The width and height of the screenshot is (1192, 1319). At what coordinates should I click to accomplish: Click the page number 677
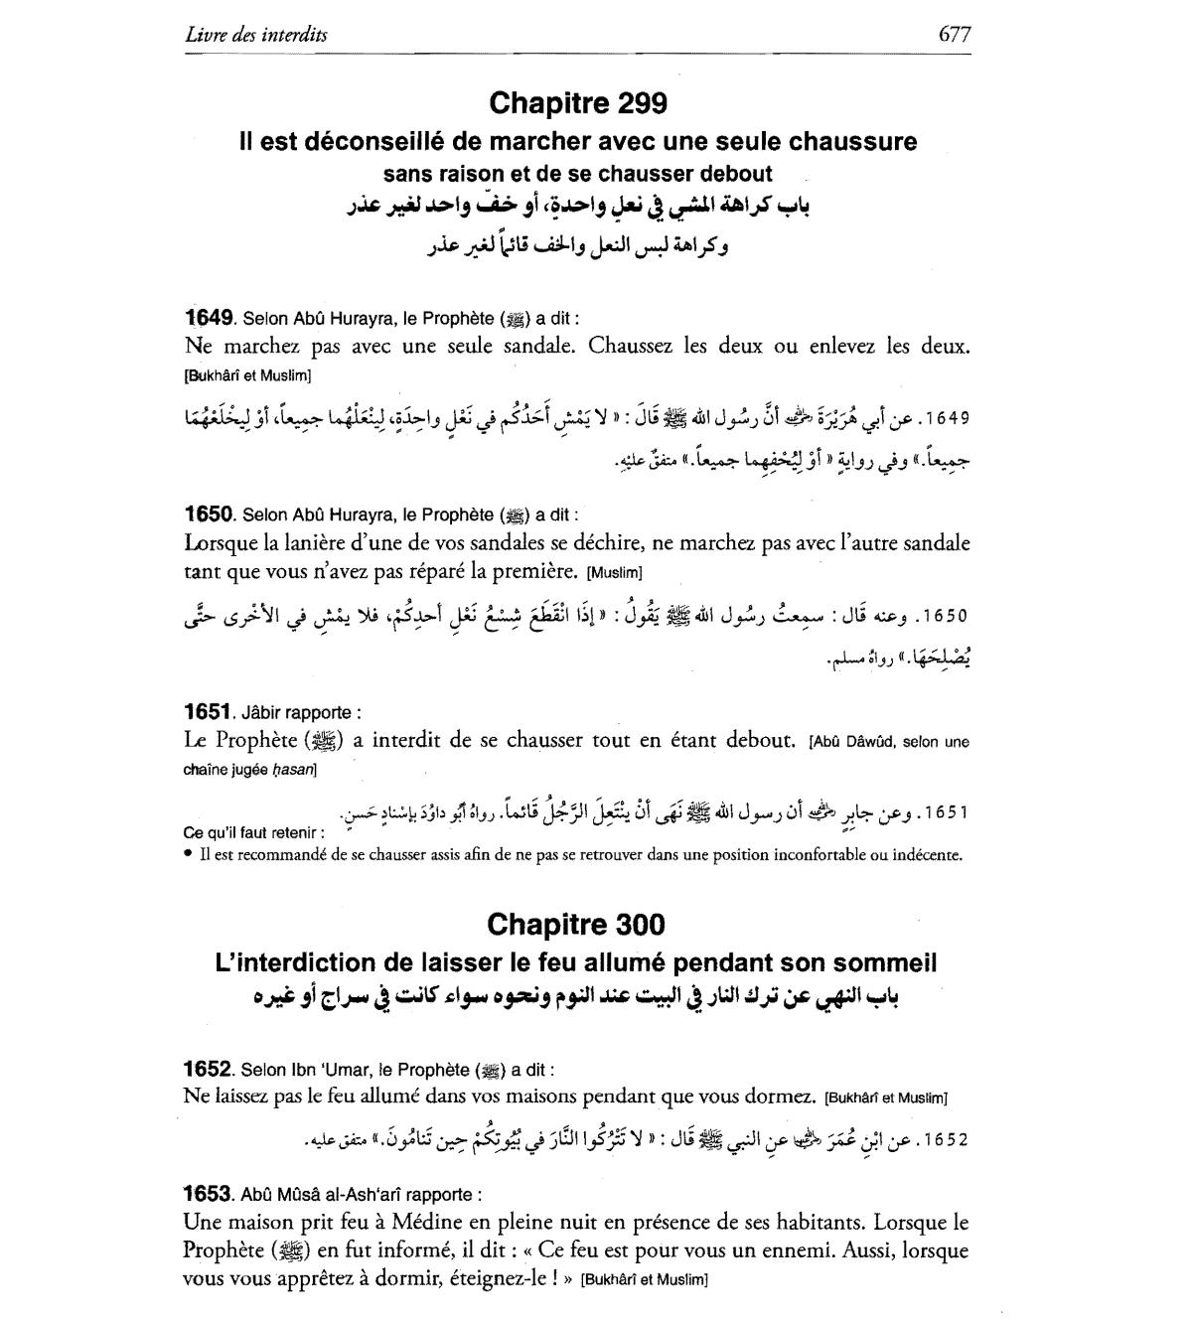click(954, 35)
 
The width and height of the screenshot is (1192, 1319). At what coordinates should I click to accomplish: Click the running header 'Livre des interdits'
click(256, 35)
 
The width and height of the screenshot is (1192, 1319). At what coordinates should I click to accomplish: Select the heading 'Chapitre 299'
click(577, 103)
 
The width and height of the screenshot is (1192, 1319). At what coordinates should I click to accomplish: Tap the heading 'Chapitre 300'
click(576, 925)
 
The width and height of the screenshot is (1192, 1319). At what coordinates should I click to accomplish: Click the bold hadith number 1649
click(209, 319)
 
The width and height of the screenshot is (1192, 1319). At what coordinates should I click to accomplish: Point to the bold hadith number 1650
click(209, 514)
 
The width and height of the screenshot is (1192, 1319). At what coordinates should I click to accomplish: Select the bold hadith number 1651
click(209, 712)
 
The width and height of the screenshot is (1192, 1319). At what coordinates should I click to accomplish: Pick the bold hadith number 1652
click(209, 1070)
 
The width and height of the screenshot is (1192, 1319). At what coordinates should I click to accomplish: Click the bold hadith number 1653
click(209, 1194)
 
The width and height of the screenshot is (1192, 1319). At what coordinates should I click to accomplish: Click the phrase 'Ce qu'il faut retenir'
click(252, 832)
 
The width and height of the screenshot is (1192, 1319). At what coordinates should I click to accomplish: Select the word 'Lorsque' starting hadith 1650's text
click(220, 543)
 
